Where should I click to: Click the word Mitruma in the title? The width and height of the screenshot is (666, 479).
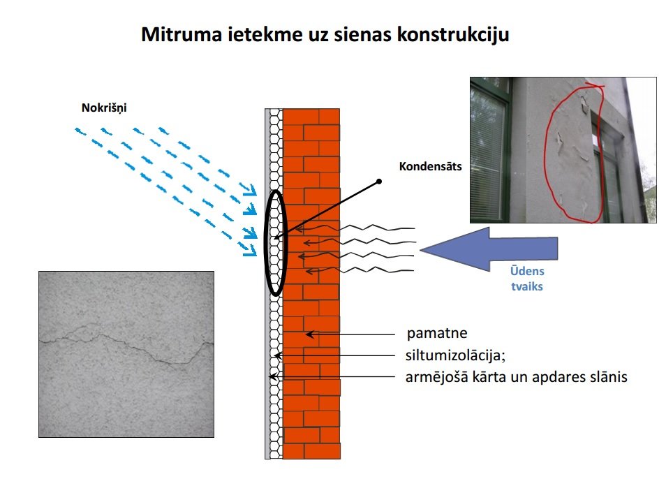point(182,34)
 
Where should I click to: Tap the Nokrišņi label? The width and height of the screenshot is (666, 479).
point(104,108)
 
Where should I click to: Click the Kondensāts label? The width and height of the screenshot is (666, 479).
point(430,166)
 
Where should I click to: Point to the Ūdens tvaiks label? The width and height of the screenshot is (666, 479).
point(527,279)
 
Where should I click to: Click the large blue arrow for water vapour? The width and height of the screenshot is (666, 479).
point(489,249)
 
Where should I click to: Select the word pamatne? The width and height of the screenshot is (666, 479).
point(437,333)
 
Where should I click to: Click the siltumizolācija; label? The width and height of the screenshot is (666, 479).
point(455,355)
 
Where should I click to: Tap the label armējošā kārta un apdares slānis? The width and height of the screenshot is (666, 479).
point(516,377)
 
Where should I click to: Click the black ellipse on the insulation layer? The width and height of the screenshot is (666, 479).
point(265,242)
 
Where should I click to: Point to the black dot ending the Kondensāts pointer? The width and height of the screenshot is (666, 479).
point(379,182)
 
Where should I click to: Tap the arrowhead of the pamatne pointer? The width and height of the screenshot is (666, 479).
point(310,334)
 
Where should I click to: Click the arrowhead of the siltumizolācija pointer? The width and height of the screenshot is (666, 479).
point(278,355)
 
